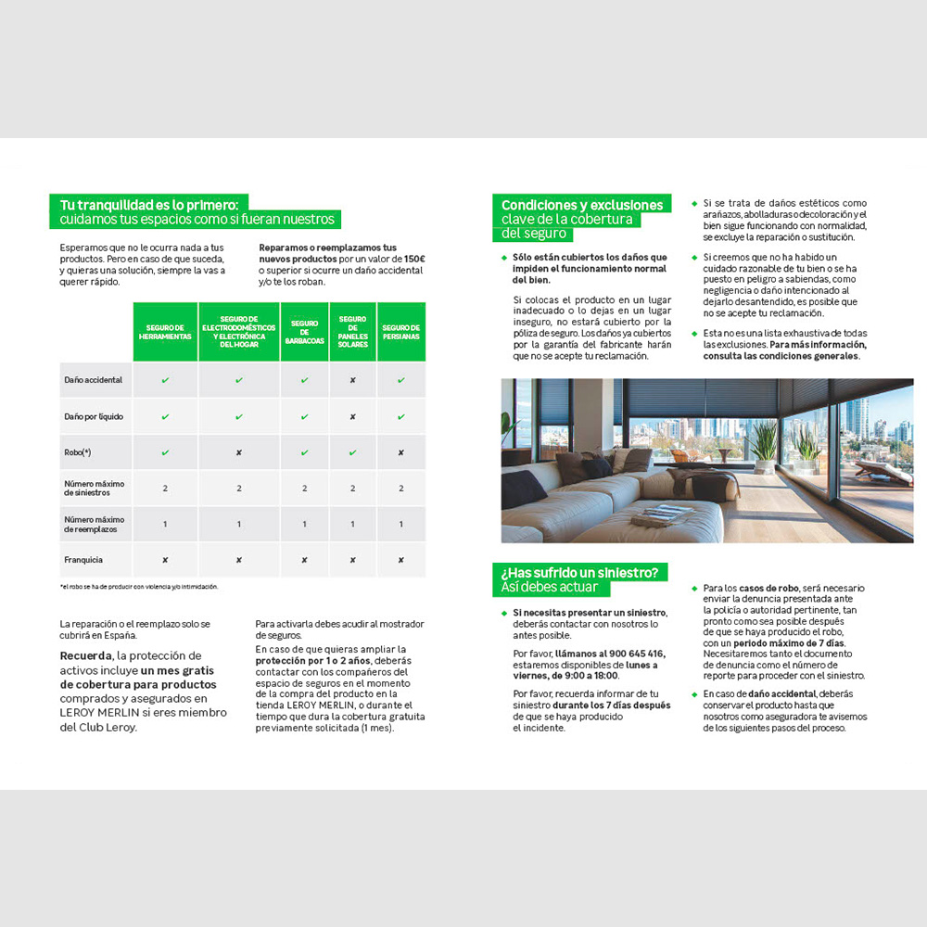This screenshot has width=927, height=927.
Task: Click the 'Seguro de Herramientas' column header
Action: (x=165, y=331)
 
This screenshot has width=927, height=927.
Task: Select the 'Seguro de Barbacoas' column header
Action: (x=305, y=331)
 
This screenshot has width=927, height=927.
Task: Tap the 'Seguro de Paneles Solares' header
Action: (x=352, y=331)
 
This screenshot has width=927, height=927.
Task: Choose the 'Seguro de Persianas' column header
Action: (x=400, y=331)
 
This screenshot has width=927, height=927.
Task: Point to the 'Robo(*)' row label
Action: (x=78, y=452)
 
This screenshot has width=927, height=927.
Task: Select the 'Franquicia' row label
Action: (x=83, y=560)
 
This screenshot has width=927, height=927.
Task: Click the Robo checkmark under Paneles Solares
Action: (x=352, y=452)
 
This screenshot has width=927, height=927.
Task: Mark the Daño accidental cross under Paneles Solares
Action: (x=352, y=380)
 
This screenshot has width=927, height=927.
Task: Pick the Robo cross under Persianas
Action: (x=400, y=452)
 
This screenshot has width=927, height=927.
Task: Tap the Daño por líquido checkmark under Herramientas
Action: (x=165, y=416)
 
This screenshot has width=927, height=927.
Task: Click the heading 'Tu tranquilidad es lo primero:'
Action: (x=148, y=204)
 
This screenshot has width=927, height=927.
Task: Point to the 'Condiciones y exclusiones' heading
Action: (x=582, y=205)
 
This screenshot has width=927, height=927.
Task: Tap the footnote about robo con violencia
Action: (x=139, y=587)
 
